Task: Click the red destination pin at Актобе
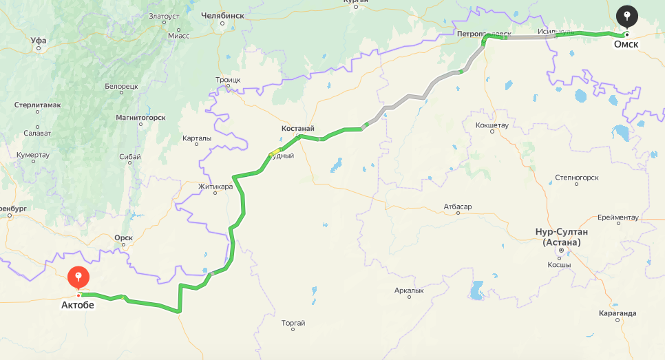[x=78, y=278]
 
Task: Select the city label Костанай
[x=298, y=129]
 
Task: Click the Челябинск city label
[x=222, y=14]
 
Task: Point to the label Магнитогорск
[x=140, y=118]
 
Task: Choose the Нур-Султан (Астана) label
[x=562, y=237]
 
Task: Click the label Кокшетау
[x=492, y=125]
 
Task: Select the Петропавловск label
[x=485, y=33]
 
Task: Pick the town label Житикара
[x=215, y=186]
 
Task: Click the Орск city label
[x=124, y=237]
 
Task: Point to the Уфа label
[x=39, y=41]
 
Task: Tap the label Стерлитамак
[x=38, y=105]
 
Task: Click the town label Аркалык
[x=409, y=290]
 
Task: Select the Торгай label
[x=293, y=323]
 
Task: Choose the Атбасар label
[x=458, y=206]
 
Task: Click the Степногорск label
[x=577, y=177]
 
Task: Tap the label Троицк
[x=228, y=80]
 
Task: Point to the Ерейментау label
[x=618, y=218]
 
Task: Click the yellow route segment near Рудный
[x=276, y=151]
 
